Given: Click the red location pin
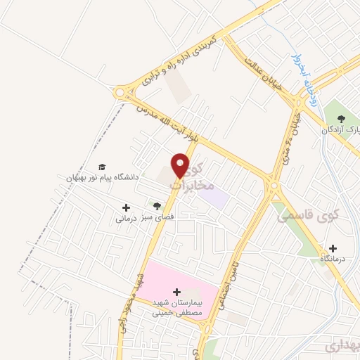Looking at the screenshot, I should [181, 165].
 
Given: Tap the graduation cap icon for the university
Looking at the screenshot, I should [103, 167].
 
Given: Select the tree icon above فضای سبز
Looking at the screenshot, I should [157, 206].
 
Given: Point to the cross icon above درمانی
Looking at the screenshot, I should [126, 207].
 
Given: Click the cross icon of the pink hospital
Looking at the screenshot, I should [176, 292].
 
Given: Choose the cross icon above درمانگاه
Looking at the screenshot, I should [333, 248].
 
